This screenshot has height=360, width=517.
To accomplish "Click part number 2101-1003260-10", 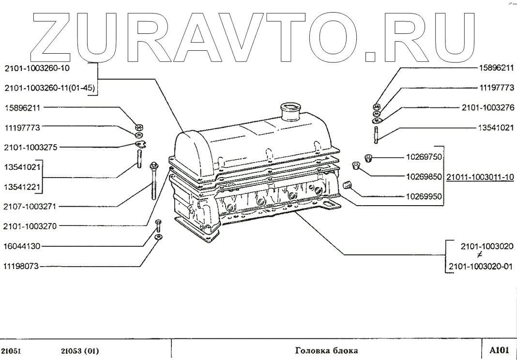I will tap(37, 68).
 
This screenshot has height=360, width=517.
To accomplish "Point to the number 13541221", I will tap(22, 186).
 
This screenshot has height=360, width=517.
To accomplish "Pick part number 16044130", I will tap(22, 246).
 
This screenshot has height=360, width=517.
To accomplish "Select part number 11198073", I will tap(22, 266).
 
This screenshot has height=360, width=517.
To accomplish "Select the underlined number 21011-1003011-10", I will tap(480, 177).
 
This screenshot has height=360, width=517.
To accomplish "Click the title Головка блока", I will tap(326, 350).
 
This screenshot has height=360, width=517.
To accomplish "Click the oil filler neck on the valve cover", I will tap(290, 112).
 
